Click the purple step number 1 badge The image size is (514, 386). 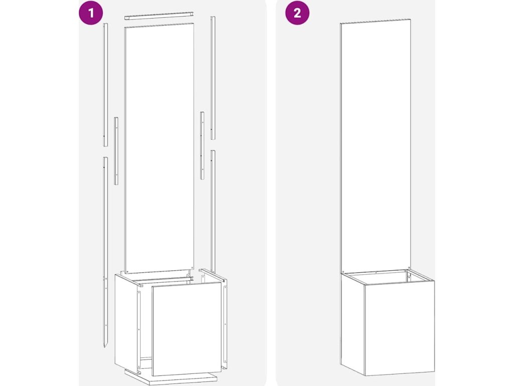pyautogui.click(x=91, y=13)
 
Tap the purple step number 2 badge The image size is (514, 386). pyautogui.click(x=297, y=13)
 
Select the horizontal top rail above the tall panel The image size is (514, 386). pyautogui.click(x=159, y=16)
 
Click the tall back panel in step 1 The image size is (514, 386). pyautogui.click(x=159, y=148)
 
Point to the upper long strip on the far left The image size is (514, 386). pyautogui.click(x=105, y=84)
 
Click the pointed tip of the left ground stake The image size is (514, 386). pyautogui.click(x=105, y=348)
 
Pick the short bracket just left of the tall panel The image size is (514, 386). pyautogui.click(x=116, y=151)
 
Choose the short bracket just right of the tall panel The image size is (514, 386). pyautogui.click(x=202, y=146)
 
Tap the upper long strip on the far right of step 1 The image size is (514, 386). pyautogui.click(x=213, y=78)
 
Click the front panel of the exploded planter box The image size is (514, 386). pyautogui.click(x=187, y=329)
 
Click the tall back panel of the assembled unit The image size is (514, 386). pyautogui.click(x=375, y=146)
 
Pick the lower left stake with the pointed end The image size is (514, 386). pyautogui.click(x=105, y=252)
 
